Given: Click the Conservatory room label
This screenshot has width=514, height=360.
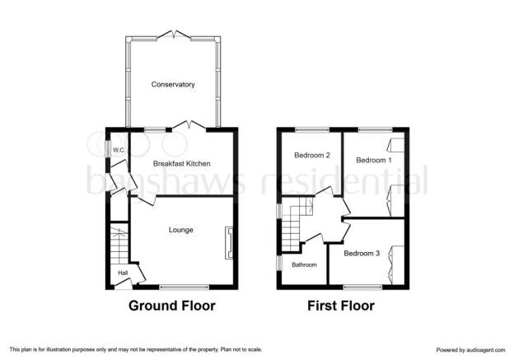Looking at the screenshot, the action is click(173, 84).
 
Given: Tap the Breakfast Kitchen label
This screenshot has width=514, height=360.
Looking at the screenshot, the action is click(181, 164).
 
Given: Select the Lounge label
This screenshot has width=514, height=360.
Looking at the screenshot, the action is click(180, 230).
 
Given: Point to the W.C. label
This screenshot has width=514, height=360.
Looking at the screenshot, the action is click(119, 151).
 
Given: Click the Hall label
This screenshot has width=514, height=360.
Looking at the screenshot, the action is click(123, 273).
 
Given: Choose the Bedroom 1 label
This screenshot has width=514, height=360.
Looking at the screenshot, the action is click(374, 160).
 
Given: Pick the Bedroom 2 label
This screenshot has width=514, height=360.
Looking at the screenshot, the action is click(311, 155).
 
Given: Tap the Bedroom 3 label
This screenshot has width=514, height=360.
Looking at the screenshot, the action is click(362, 254).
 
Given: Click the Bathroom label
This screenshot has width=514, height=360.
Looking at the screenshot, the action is click(304, 264).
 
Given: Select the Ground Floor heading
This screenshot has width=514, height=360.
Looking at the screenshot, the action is click(172, 306).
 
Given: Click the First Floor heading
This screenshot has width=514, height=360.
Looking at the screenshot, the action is click(341, 306).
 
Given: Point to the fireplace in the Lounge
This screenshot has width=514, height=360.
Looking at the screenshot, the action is click(229, 243).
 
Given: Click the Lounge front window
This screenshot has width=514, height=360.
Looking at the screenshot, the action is click(184, 288).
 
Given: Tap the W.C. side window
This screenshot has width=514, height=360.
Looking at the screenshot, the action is click(108, 149).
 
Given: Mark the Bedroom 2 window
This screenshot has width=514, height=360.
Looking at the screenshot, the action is click(312, 130).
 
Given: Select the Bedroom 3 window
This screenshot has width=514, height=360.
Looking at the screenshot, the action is click(363, 288).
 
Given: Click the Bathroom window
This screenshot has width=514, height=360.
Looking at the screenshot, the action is click(279, 264).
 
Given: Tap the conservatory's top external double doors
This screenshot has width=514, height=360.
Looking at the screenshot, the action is click(174, 35).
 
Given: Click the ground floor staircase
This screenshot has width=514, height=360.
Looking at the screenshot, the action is click(119, 244).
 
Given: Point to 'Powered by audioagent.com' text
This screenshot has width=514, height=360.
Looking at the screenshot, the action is click(470, 350).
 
